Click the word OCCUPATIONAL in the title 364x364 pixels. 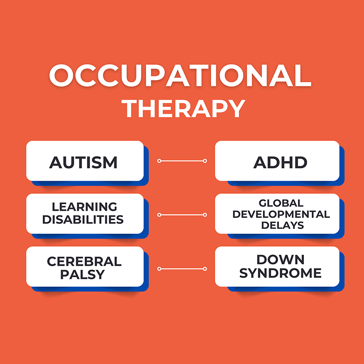point(180,76)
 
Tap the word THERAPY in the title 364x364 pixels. point(183,109)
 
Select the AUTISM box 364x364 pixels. point(85,161)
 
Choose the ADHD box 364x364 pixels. point(277,161)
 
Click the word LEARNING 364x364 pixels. point(85,207)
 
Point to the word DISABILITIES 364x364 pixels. point(83,219)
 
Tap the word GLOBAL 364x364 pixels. point(281,203)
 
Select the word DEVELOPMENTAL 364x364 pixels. point(281,214)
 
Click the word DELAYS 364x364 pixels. point(283,225)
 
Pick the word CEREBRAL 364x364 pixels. point(84,262)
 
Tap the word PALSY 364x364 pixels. point(83,274)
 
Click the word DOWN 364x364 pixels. point(280,259)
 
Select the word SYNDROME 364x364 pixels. point(280,273)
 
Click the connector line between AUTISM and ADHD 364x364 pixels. point(182,161)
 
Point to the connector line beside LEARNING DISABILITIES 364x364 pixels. point(182,215)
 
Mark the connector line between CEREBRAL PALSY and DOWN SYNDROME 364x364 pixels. point(182,269)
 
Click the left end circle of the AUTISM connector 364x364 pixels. point(159,161)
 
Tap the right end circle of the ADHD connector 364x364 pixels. point(205,161)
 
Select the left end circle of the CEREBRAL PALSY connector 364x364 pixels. point(159,269)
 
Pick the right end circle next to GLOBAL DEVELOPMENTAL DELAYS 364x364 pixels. point(205,215)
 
